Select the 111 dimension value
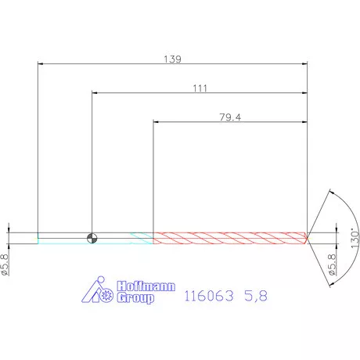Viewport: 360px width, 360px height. point(200,88)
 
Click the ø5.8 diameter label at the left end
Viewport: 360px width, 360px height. point(5,265)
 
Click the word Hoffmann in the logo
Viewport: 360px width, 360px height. point(146,287)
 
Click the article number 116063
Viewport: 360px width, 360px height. point(209,297)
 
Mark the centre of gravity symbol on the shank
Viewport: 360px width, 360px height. point(92,237)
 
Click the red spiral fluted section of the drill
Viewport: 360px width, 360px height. point(227,237)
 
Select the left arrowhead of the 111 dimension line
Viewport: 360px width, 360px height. point(95,93)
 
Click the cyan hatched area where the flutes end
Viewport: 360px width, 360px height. point(141,237)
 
